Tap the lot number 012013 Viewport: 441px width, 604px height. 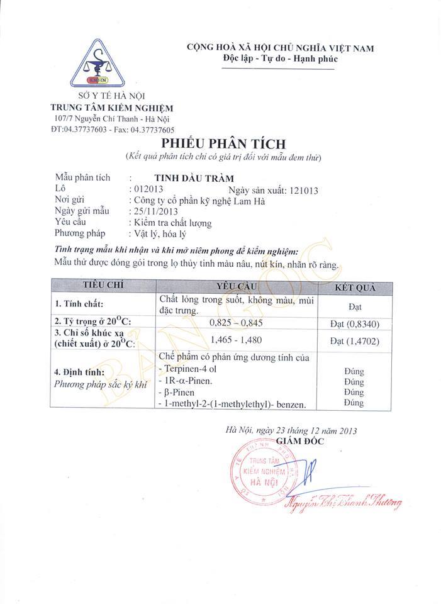pyautogui.click(x=147, y=189)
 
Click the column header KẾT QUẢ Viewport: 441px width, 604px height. pyautogui.click(x=355, y=287)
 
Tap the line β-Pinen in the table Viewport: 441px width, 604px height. pyautogui.click(x=179, y=392)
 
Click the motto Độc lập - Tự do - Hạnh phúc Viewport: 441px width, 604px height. pyautogui.click(x=281, y=59)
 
